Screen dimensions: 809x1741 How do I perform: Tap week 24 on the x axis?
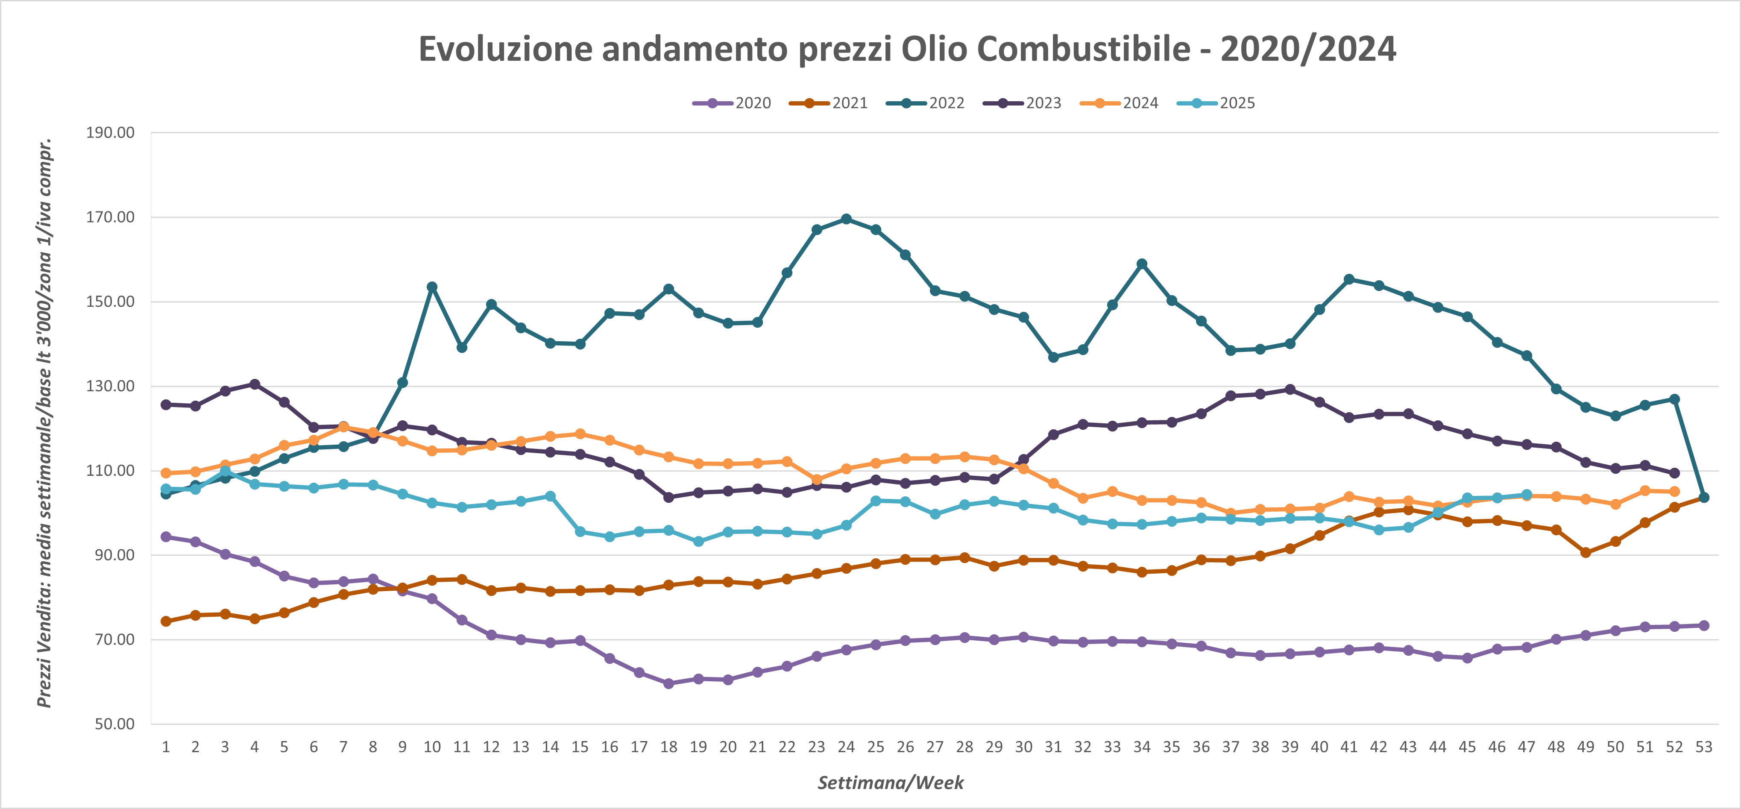pyautogui.click(x=846, y=747)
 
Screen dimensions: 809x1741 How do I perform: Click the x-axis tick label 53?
pyautogui.click(x=1704, y=747)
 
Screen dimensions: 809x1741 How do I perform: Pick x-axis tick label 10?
pyautogui.click(x=432, y=747)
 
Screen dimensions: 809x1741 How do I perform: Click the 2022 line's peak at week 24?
pyautogui.click(x=846, y=219)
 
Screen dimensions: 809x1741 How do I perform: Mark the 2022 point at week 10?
pyautogui.click(x=432, y=287)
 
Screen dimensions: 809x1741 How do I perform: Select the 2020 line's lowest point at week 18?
pyautogui.click(x=668, y=683)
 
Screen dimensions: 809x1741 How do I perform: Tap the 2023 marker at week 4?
pyautogui.click(x=255, y=384)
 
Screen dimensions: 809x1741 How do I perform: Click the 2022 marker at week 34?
pyautogui.click(x=1142, y=264)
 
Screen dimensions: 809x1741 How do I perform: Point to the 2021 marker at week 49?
pyautogui.click(x=1586, y=552)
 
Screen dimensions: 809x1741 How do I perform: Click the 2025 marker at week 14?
pyautogui.click(x=550, y=496)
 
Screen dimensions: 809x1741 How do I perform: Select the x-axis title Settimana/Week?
pyautogui.click(x=890, y=783)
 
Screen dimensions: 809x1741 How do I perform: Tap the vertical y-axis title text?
pyautogui.click(x=44, y=422)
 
